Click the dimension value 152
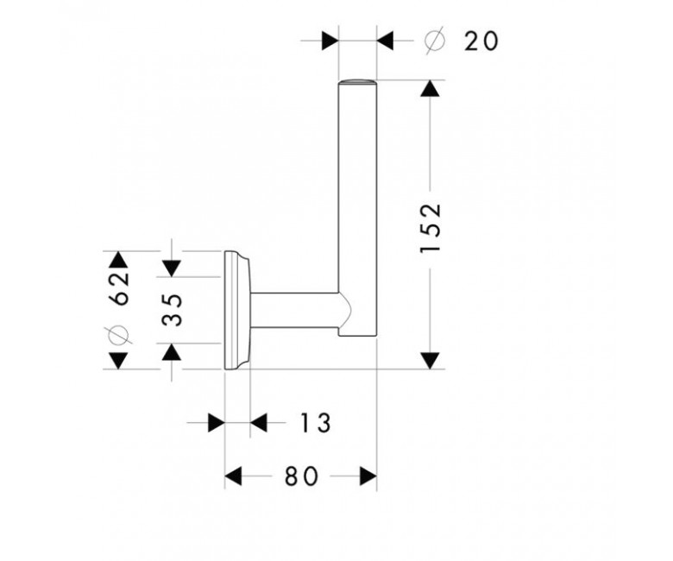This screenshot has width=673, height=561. tap(431, 229)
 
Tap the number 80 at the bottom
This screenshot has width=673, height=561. tap(302, 476)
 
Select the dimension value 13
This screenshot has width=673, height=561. tap(316, 423)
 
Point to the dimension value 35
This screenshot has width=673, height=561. tap(172, 310)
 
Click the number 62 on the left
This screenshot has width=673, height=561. tap(119, 288)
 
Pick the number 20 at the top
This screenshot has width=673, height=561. tap(481, 41)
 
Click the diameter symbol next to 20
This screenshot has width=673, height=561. tap(434, 41)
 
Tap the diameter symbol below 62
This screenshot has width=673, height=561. tap(118, 335)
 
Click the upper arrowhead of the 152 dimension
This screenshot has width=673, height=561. tap(430, 88)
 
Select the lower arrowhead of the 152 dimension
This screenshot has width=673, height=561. tap(430, 361)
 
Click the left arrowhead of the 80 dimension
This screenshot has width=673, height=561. tap(234, 476)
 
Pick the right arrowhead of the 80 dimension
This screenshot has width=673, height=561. tap(368, 476)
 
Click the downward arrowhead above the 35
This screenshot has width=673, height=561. tap(172, 268)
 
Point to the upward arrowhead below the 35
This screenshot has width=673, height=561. tap(172, 351)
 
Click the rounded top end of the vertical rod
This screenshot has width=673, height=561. tap(357, 82)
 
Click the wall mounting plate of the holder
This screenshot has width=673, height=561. tap(237, 310)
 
